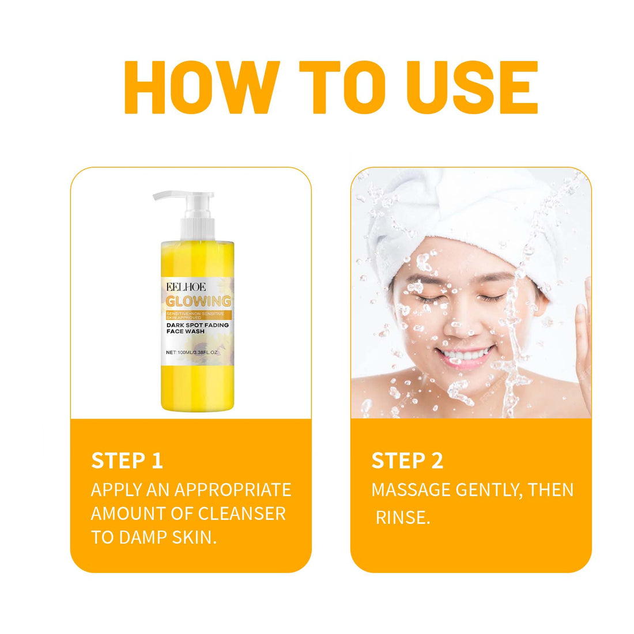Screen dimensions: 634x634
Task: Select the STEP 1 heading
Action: pos(127,461)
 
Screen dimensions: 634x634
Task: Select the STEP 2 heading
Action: pos(407,461)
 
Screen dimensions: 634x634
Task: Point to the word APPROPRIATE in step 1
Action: pos(232,489)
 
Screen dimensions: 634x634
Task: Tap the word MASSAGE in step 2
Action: pos(410,489)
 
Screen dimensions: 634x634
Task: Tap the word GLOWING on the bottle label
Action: pos(198,301)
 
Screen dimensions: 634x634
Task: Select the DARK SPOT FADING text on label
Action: pos(197,325)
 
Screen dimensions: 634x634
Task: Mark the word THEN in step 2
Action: pos(551,489)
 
